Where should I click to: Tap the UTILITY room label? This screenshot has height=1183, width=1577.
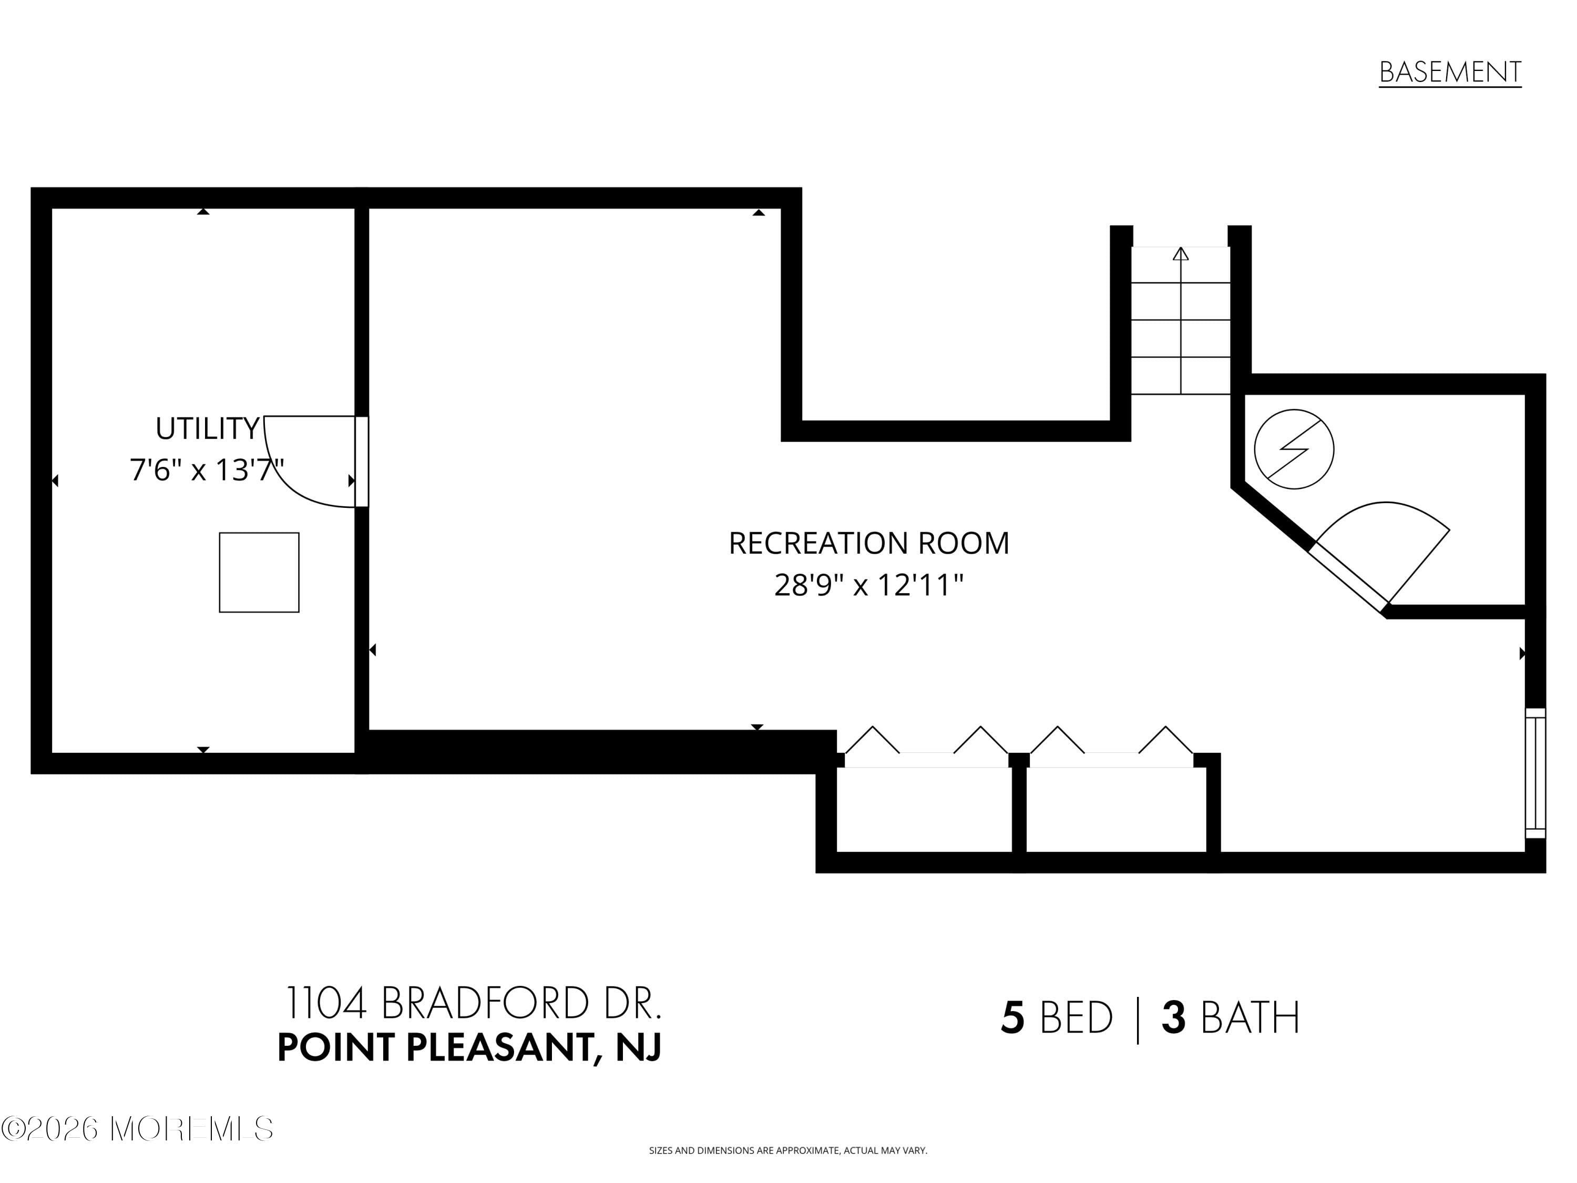pyautogui.click(x=207, y=429)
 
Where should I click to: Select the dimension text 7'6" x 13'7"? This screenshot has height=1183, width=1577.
pyautogui.click(x=207, y=470)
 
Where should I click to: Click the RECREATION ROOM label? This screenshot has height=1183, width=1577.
pyautogui.click(x=868, y=543)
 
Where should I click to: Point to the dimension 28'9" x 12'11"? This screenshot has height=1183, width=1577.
pyautogui.click(x=868, y=585)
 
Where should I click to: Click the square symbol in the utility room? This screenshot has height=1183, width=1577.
pyautogui.click(x=259, y=572)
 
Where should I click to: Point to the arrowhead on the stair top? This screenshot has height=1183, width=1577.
pyautogui.click(x=1181, y=254)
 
